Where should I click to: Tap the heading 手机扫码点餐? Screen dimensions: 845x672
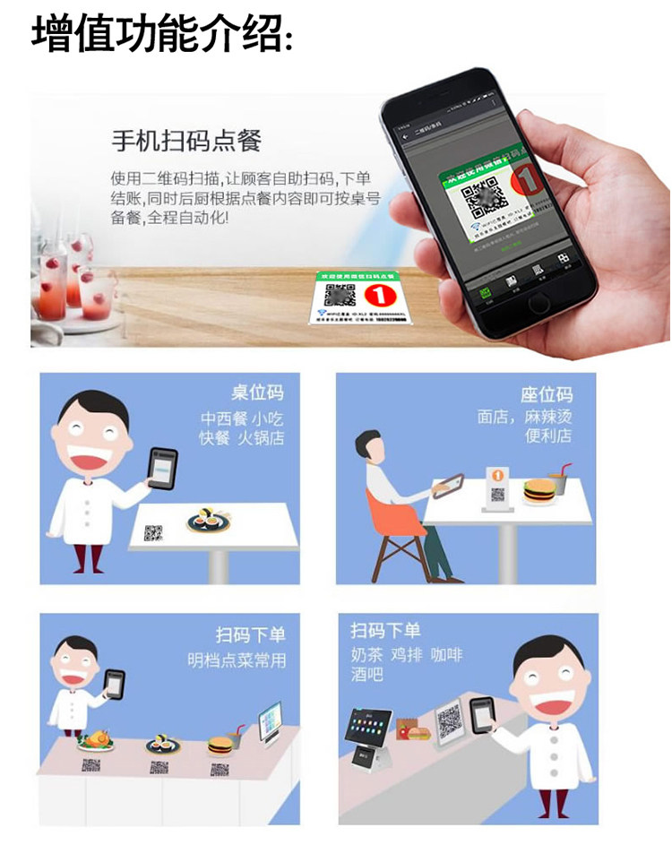(x=185, y=141)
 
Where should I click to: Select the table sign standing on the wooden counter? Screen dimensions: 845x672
(x=357, y=297)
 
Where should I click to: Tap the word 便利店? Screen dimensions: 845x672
(x=549, y=437)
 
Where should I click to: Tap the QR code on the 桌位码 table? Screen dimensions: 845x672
(x=153, y=533)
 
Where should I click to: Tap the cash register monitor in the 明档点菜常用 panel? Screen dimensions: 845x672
(x=269, y=720)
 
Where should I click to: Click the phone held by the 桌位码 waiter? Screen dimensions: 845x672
(x=163, y=468)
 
